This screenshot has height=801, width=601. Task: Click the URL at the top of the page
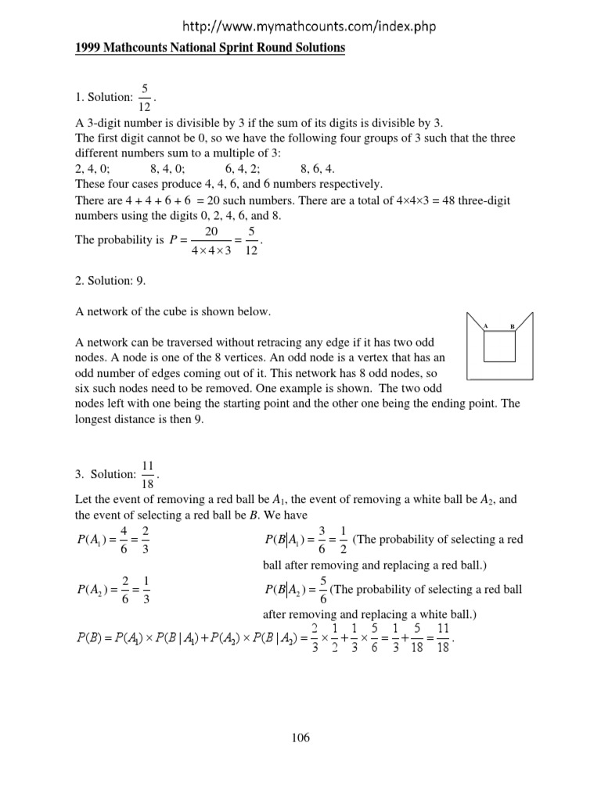[301, 27]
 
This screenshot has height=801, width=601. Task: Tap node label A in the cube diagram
[486, 325]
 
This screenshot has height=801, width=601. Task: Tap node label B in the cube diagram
[512, 325]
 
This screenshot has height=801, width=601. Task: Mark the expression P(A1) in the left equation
[97, 541]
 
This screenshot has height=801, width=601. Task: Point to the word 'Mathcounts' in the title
[136, 48]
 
